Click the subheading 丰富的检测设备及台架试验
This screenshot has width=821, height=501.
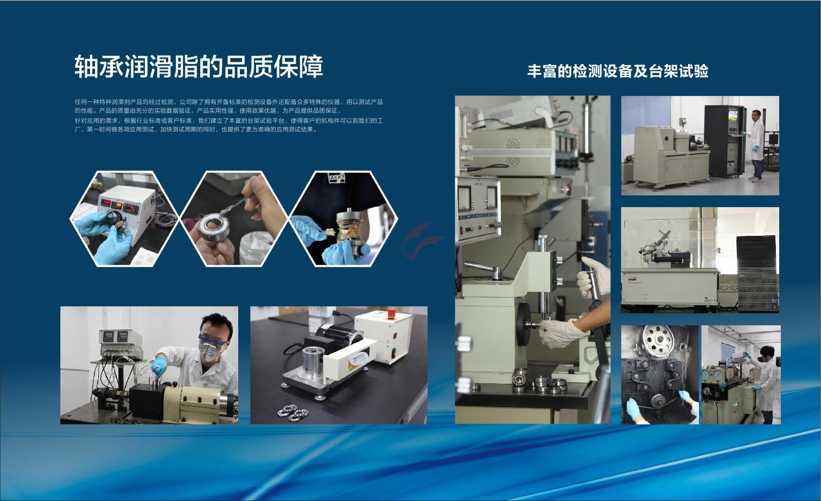[x=618, y=71]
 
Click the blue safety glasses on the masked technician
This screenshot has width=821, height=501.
[x=213, y=341]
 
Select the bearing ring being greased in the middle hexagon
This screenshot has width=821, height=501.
[x=214, y=227]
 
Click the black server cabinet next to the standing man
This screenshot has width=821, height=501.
[x=725, y=141]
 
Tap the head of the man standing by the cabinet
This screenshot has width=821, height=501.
[x=756, y=115]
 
